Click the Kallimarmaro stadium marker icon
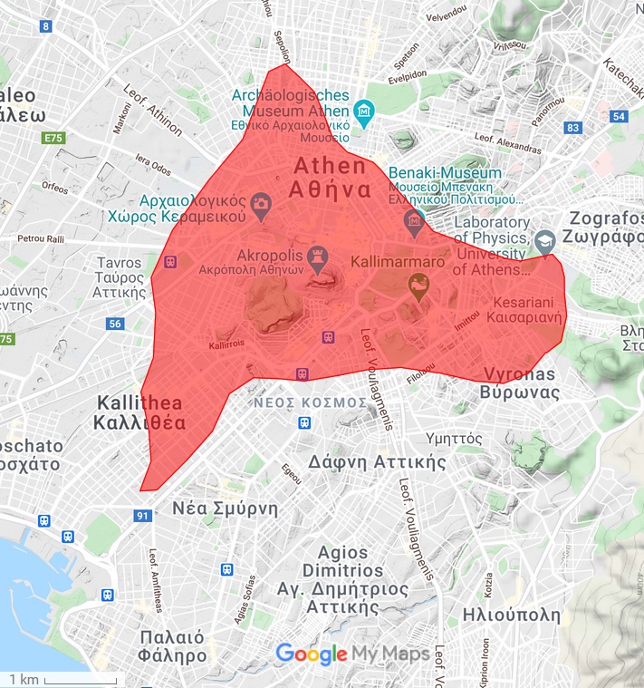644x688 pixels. coord(418,289)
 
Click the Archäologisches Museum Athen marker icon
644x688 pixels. coord(364,112)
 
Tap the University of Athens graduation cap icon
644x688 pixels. coord(544,240)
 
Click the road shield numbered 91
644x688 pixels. coord(142,516)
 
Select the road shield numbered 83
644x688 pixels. coord(572,128)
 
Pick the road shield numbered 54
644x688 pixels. coord(620,116)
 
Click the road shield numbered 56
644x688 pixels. coord(114,324)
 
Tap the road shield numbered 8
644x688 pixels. coord(45,25)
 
